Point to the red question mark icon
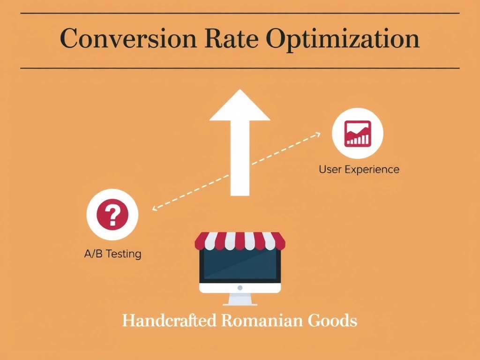coord(112,215)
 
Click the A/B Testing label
coord(112,254)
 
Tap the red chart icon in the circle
coord(357,133)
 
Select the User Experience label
coord(359,169)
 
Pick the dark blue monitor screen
coord(240,266)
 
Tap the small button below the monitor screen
coord(240,287)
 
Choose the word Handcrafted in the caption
coord(169,321)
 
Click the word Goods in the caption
coord(332,321)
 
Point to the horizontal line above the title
coord(240,14)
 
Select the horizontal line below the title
coord(240,68)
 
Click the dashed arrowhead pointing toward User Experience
coord(318,134)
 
